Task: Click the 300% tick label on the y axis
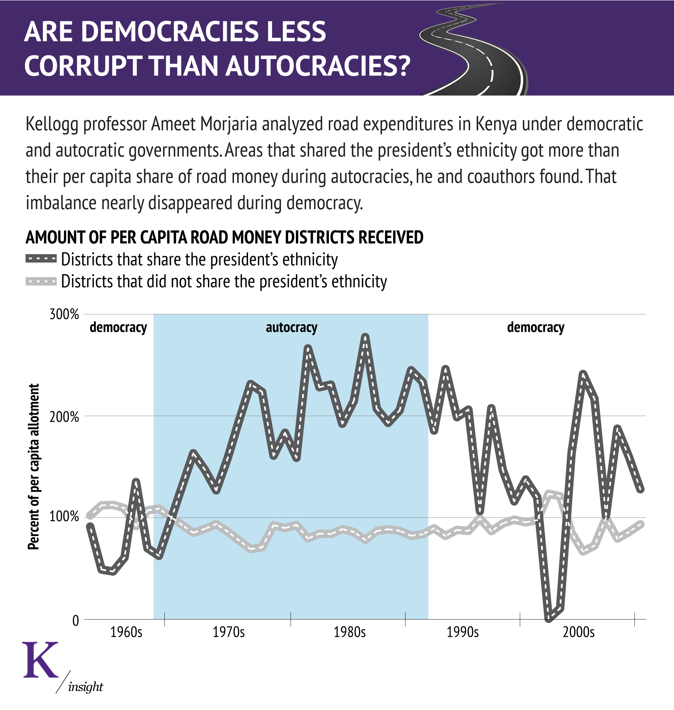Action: (64, 314)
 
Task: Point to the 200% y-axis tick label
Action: (64, 417)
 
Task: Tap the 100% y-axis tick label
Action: (64, 517)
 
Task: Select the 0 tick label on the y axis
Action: (75, 621)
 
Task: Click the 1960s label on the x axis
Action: (126, 632)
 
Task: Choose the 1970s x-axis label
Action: (228, 632)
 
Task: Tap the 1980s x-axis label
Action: (349, 632)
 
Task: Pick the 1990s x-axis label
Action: (462, 632)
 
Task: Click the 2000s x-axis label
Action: (578, 632)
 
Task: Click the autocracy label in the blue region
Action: (292, 328)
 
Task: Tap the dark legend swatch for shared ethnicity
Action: (41, 259)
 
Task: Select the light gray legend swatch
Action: (41, 281)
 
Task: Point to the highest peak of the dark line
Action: (365, 337)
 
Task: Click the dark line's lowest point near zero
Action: (549, 619)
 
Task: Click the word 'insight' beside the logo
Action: (86, 687)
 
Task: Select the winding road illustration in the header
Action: (474, 50)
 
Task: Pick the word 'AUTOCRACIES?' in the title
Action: (317, 66)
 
